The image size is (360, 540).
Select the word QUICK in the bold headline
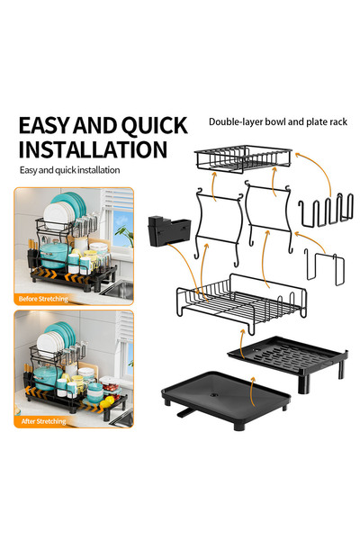click(152, 125)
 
